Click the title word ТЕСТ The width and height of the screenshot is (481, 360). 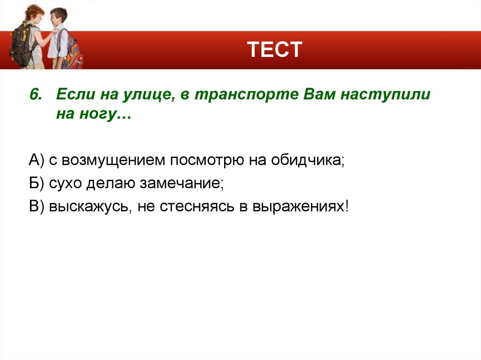275,50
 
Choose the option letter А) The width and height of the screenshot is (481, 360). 36,161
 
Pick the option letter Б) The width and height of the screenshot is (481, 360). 36,184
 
